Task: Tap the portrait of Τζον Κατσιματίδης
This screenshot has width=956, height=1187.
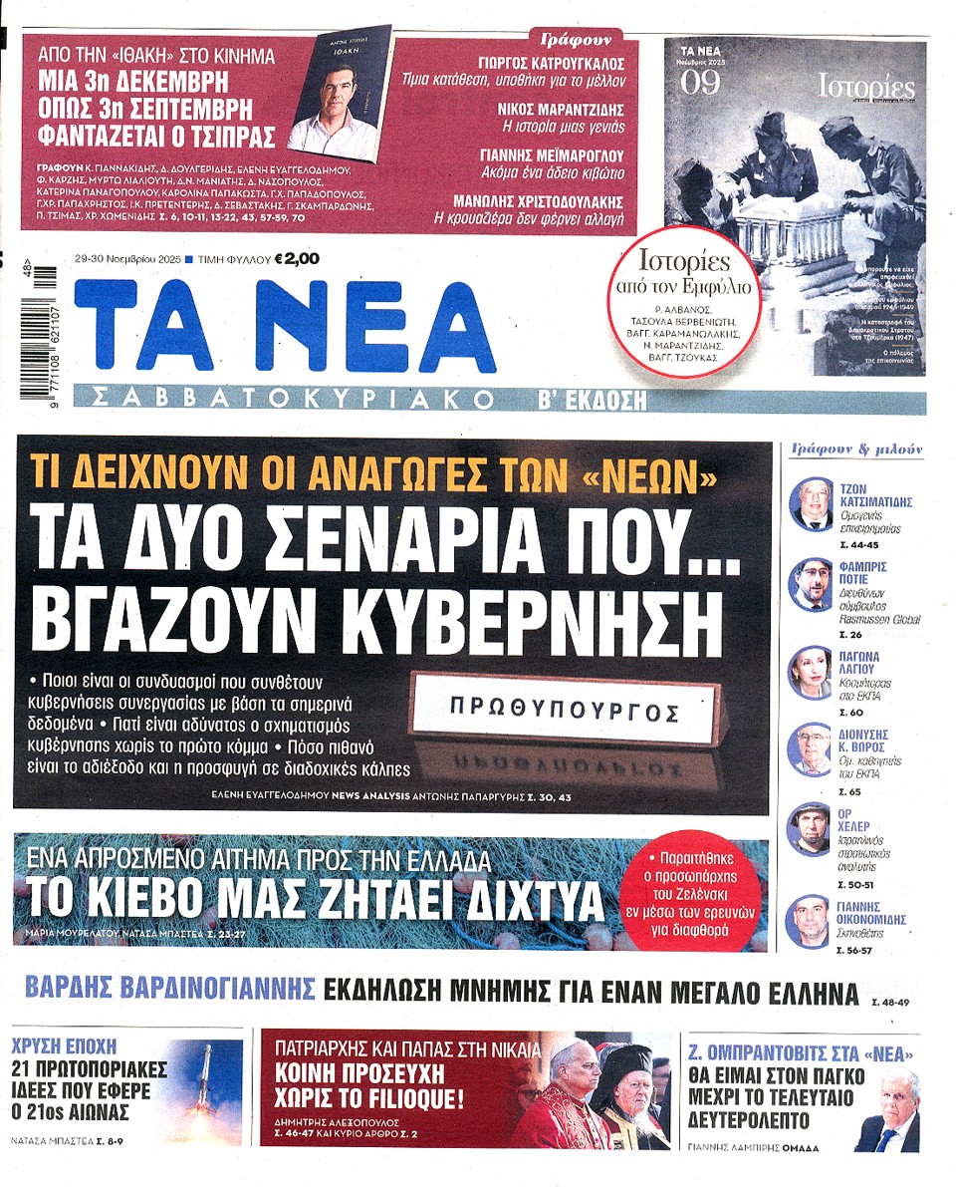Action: click(810, 504)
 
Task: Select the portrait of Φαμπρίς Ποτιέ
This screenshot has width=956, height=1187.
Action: click(810, 584)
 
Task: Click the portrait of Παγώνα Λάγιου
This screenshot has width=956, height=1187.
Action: click(810, 671)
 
